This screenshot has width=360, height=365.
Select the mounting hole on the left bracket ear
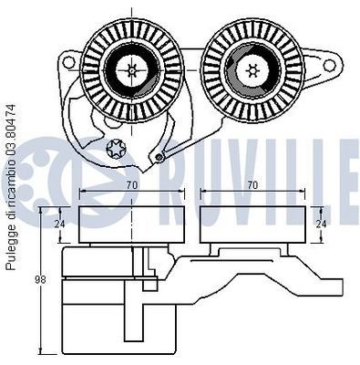67,67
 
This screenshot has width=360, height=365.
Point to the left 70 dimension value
132,185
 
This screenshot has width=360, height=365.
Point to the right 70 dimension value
252,185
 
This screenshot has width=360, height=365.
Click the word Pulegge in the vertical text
12,251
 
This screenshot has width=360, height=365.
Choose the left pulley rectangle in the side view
132,224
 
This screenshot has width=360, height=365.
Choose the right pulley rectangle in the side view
252,224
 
